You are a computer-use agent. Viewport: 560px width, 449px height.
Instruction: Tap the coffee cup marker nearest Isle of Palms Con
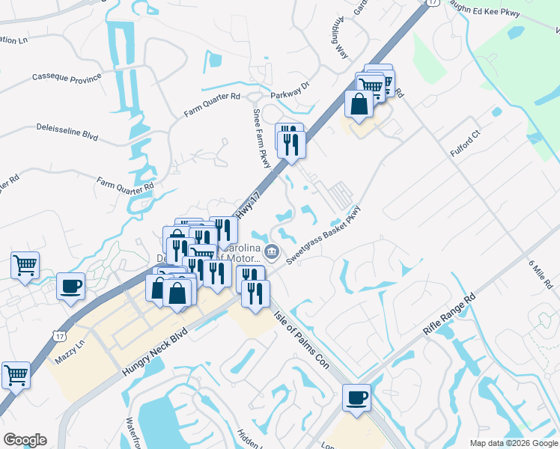click(x=356, y=397)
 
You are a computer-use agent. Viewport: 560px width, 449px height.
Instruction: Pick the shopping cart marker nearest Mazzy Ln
click(x=16, y=373)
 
